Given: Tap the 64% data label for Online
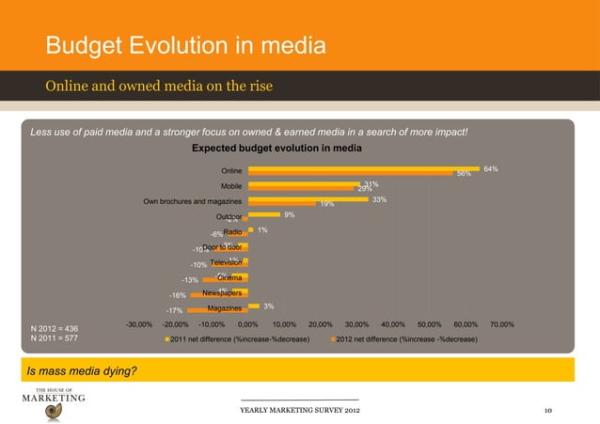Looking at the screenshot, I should (490, 169).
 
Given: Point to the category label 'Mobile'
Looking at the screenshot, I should (233, 186).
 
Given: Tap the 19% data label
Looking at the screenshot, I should (327, 204).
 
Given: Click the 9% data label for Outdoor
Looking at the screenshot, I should (290, 215).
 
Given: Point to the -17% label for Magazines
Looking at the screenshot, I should (174, 311).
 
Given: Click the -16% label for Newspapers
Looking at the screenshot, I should (177, 295).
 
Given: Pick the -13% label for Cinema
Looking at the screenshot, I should (190, 280).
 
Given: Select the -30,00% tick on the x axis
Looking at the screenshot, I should (139, 324).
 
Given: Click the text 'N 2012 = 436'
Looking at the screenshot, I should (57, 327).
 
